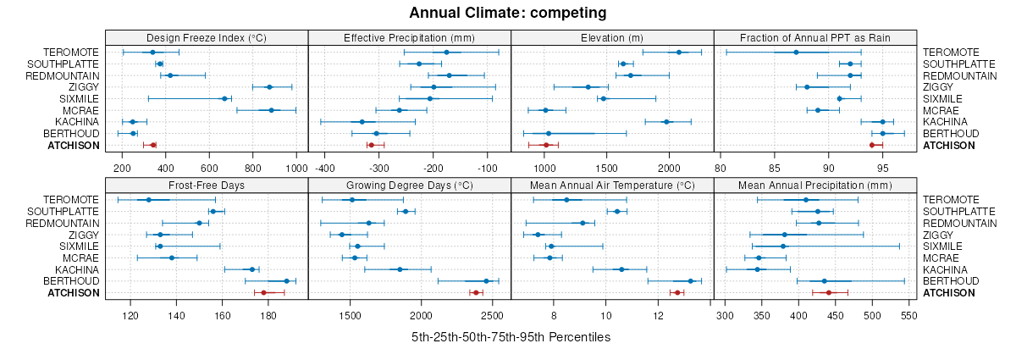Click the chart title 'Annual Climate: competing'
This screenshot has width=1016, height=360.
point(508,13)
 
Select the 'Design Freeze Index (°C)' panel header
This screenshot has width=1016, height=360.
point(207,37)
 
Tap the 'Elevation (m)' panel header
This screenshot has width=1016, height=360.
point(613,37)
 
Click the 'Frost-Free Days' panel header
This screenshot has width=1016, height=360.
point(207,184)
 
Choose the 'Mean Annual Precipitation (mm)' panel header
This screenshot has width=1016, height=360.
point(815,184)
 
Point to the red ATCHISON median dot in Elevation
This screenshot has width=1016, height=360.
point(546,145)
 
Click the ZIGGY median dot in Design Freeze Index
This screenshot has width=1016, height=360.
point(269,87)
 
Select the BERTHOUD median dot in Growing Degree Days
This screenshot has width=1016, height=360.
point(486,281)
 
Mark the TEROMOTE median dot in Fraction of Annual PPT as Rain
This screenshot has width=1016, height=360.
point(796,53)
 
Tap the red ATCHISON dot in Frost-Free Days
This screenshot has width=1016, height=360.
point(263,293)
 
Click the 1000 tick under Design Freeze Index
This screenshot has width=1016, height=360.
point(296,168)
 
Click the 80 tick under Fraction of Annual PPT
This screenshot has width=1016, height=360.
point(720,168)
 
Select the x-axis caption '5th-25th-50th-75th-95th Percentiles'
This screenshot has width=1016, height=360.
point(511,337)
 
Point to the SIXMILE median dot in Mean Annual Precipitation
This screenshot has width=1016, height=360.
point(783,246)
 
